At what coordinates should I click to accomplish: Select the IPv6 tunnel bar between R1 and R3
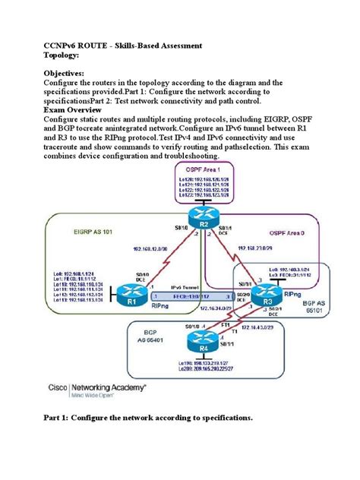point(190,295)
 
